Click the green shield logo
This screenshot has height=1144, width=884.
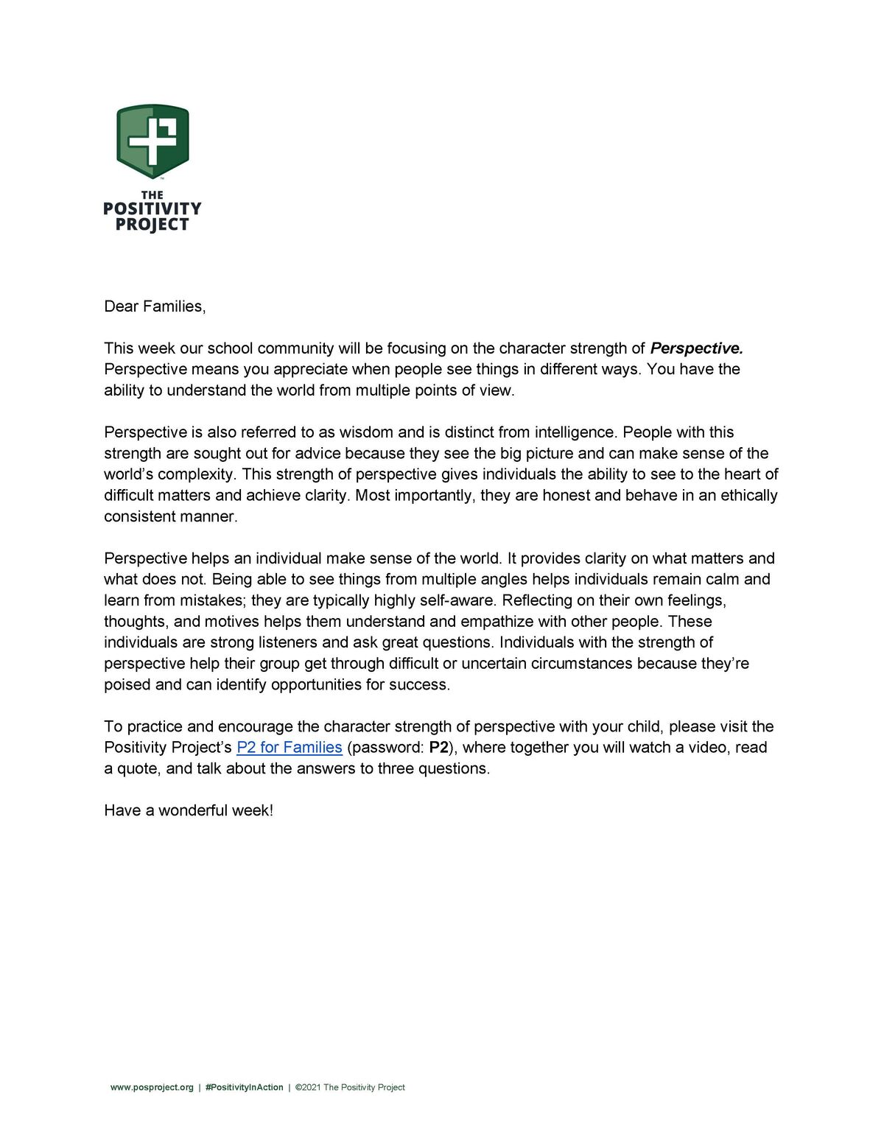pos(152,141)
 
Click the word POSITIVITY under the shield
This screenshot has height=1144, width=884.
pos(152,209)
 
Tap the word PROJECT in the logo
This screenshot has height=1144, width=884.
pos(152,225)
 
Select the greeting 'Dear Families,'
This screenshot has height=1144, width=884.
pos(155,306)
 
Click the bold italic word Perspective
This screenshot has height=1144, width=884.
pos(696,348)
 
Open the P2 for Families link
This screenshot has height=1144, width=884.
pos(290,748)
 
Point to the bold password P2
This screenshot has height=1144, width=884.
pos(438,748)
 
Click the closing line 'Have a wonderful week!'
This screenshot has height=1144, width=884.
pos(189,811)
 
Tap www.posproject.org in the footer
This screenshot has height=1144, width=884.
pos(152,1087)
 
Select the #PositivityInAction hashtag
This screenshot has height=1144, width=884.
pos(244,1087)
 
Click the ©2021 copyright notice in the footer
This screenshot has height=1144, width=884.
pos(350,1087)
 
